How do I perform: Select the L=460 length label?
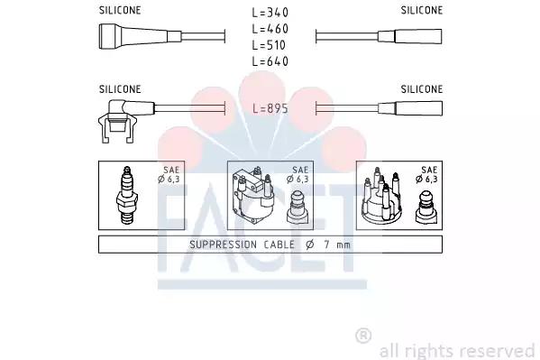click(x=270, y=29)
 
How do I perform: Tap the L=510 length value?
click(x=270, y=45)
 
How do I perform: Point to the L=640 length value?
click(x=270, y=60)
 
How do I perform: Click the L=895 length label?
click(x=270, y=107)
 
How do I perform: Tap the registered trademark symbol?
click(x=363, y=336)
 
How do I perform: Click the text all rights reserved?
click(x=457, y=350)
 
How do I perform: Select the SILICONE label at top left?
click(x=120, y=11)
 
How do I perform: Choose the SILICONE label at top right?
click(x=422, y=11)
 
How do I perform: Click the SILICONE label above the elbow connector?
click(x=120, y=89)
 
